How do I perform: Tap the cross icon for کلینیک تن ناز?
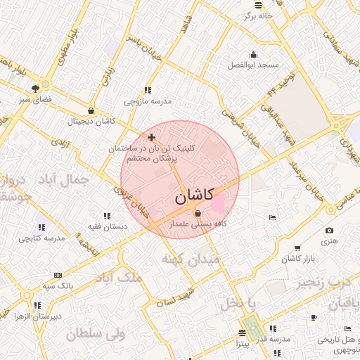point(151,136)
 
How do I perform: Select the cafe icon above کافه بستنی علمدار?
point(197,214)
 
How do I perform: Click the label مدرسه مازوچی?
point(148,101)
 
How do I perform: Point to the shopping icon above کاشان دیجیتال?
point(91,110)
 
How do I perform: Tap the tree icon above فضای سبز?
point(35,88)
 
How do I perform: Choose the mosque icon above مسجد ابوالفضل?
point(253,54)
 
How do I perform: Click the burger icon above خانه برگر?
point(258,4)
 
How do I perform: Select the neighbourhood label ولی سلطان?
point(96,333)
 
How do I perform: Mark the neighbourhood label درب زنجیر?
point(321,282)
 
